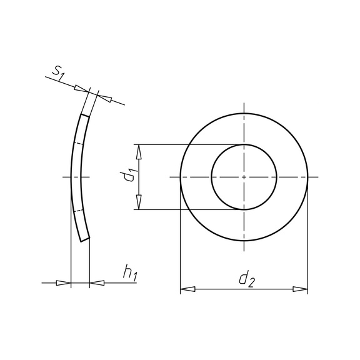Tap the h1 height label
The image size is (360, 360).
click(x=130, y=273)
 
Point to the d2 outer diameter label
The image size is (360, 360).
click(x=247, y=279)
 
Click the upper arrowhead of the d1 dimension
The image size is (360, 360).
click(x=139, y=152)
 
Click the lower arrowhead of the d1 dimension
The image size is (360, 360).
click(x=139, y=202)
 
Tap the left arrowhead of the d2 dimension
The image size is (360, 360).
click(x=187, y=289)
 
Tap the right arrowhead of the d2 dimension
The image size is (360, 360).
click(x=300, y=289)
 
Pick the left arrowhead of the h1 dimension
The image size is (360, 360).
click(x=64, y=283)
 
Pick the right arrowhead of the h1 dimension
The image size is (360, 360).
click(x=97, y=283)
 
